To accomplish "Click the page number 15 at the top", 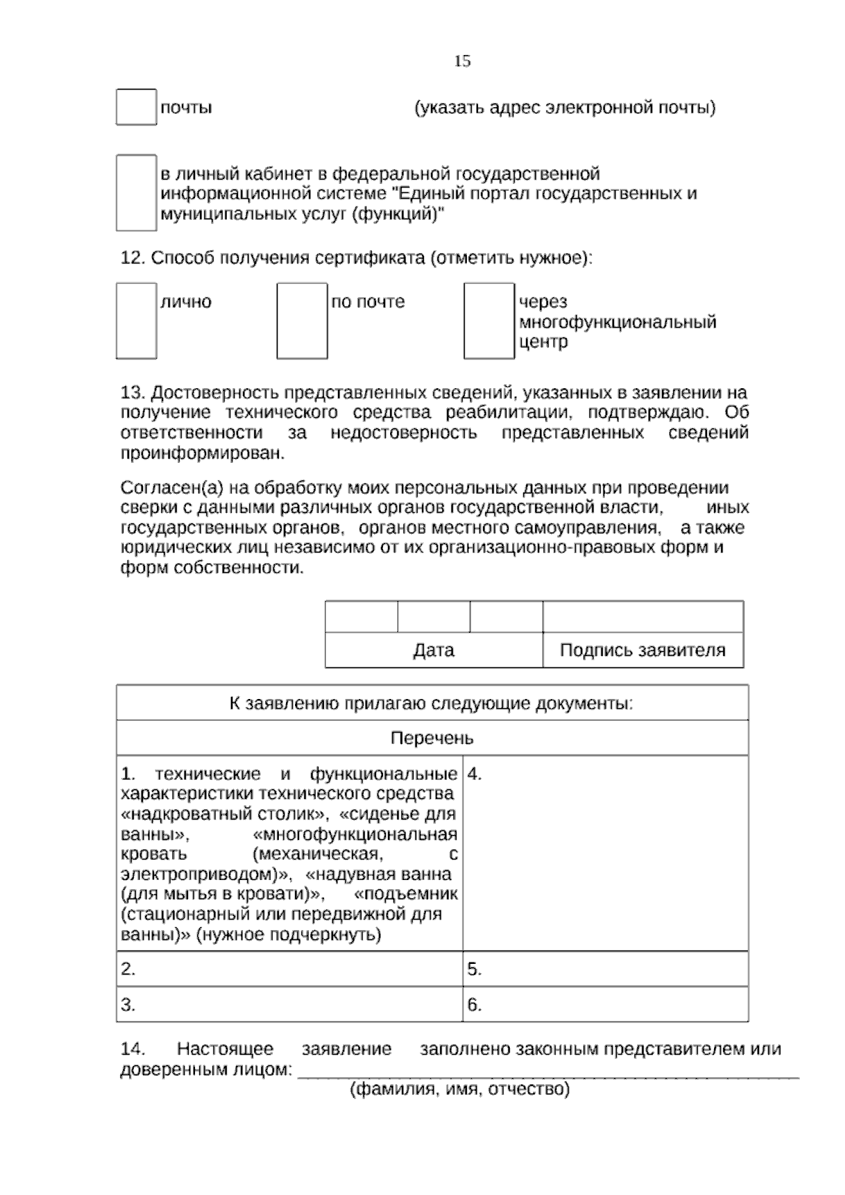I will coord(462,61).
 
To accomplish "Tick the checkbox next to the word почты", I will coord(136,107).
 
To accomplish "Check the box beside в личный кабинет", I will coord(136,193).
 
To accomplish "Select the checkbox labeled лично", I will coord(136,321).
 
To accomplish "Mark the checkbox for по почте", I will coord(301,321).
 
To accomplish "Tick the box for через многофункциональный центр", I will coord(489,321).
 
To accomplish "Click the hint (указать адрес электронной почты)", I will coord(565,108).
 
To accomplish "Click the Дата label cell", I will coord(433,650).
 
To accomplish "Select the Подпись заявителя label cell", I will coord(642,650).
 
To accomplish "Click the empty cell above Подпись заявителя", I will coord(642,617).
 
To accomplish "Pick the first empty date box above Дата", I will coord(361,617).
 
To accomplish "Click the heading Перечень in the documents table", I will coord(432,738).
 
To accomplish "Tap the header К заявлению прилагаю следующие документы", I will coord(432,703).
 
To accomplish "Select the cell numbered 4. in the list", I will coord(606,853).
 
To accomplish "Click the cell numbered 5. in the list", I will coord(606,969).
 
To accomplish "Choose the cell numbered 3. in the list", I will coord(289,1005).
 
